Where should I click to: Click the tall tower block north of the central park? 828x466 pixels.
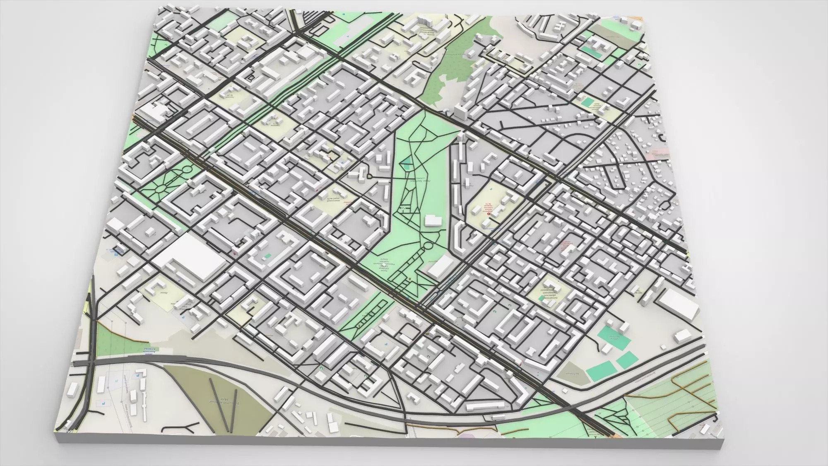click(461, 112)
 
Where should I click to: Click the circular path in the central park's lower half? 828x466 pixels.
click(427, 247)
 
